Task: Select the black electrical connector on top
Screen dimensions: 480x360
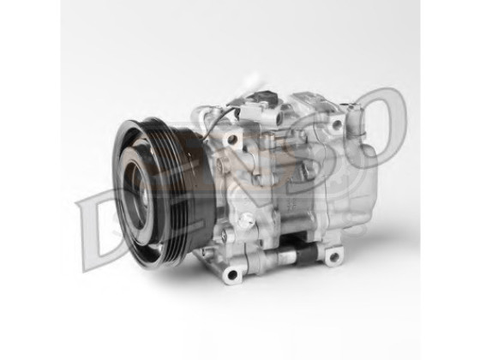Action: click(x=263, y=98)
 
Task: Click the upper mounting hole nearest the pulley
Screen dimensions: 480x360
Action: click(x=233, y=140)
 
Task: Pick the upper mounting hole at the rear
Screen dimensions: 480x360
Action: click(x=337, y=124)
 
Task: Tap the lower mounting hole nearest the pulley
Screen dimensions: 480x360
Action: click(x=231, y=274)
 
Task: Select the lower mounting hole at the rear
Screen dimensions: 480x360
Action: click(x=333, y=256)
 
